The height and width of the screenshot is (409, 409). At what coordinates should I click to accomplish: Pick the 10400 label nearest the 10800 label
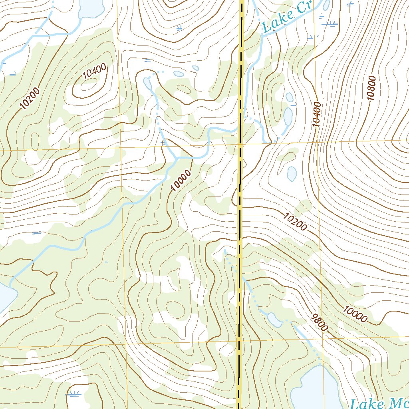pos(318,114)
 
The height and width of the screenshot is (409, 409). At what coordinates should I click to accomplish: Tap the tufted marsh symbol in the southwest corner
pos(73,394)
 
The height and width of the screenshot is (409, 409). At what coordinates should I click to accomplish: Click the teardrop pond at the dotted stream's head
pos(147,83)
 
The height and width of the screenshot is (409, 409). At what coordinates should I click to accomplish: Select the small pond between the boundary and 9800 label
pos(274,318)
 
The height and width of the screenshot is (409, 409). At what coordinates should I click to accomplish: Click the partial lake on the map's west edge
pos(6,298)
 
